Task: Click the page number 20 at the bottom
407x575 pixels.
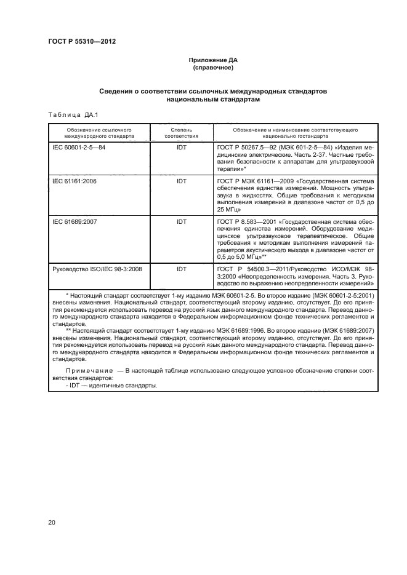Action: (52, 523)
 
